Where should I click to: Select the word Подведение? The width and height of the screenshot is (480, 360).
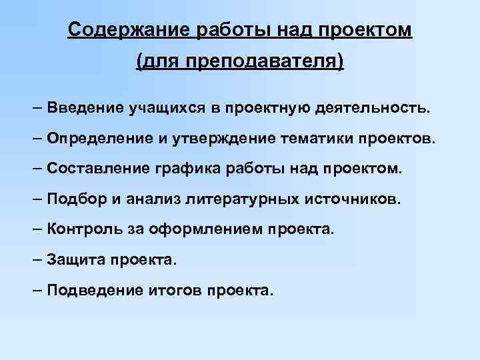pyautogui.click(x=95, y=291)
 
